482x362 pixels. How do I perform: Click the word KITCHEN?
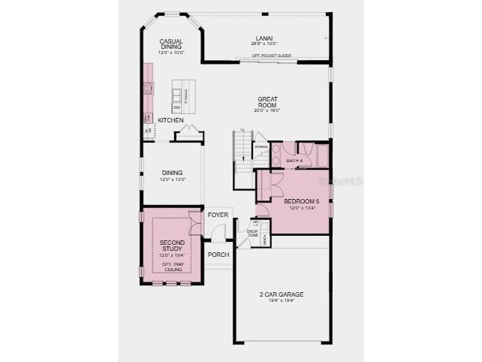pyautogui.click(x=170, y=120)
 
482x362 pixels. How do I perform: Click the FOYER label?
pyautogui.click(x=218, y=215)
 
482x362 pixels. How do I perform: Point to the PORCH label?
pyautogui.click(x=218, y=255)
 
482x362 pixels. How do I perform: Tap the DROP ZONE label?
pyautogui.click(x=253, y=234)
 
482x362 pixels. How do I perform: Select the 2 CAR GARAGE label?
pyautogui.click(x=283, y=294)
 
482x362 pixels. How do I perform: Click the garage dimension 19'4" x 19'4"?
pyautogui.click(x=283, y=301)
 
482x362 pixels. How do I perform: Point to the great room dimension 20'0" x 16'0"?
pyautogui.click(x=268, y=110)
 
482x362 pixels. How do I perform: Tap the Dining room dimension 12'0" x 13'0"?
pyautogui.click(x=172, y=179)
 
